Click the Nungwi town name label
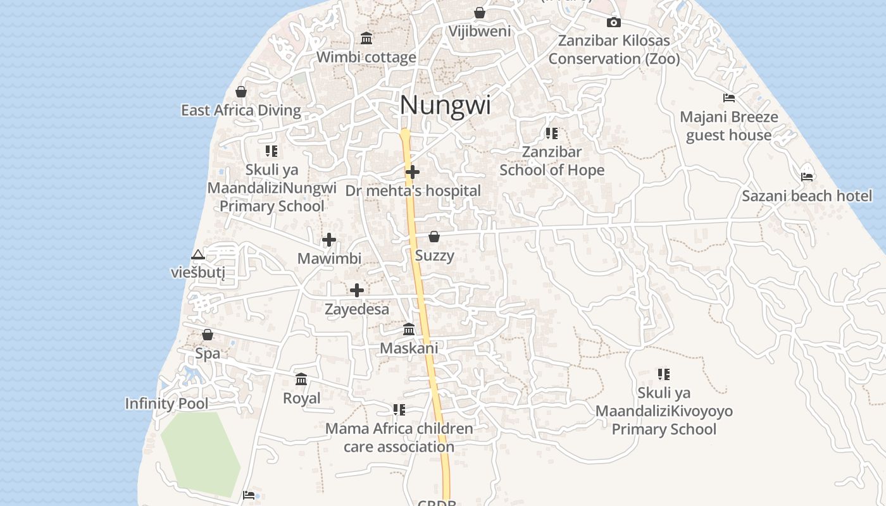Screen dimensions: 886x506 point(445,105)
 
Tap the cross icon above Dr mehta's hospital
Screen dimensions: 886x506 point(413,172)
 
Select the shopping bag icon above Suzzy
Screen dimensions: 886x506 point(434,237)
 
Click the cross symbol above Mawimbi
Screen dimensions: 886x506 point(329,240)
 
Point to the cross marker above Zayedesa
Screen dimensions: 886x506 point(357,290)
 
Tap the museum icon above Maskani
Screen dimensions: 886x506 point(409,330)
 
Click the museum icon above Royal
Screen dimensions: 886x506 point(301,379)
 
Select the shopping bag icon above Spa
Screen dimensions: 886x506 point(208,335)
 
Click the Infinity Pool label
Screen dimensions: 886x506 point(166,404)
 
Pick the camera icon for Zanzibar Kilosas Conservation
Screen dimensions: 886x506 point(613,23)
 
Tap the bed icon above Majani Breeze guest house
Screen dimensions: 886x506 point(729,98)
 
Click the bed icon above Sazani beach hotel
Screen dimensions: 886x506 point(807,176)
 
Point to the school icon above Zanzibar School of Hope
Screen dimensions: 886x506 point(552,133)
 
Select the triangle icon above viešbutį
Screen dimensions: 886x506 point(198,255)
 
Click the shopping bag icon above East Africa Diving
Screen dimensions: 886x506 point(241,92)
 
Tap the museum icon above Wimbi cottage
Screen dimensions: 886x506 point(366,39)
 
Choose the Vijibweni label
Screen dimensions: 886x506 point(480,31)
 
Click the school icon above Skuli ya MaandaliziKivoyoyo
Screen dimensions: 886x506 point(663,374)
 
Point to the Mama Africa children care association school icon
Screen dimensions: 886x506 point(399,410)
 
